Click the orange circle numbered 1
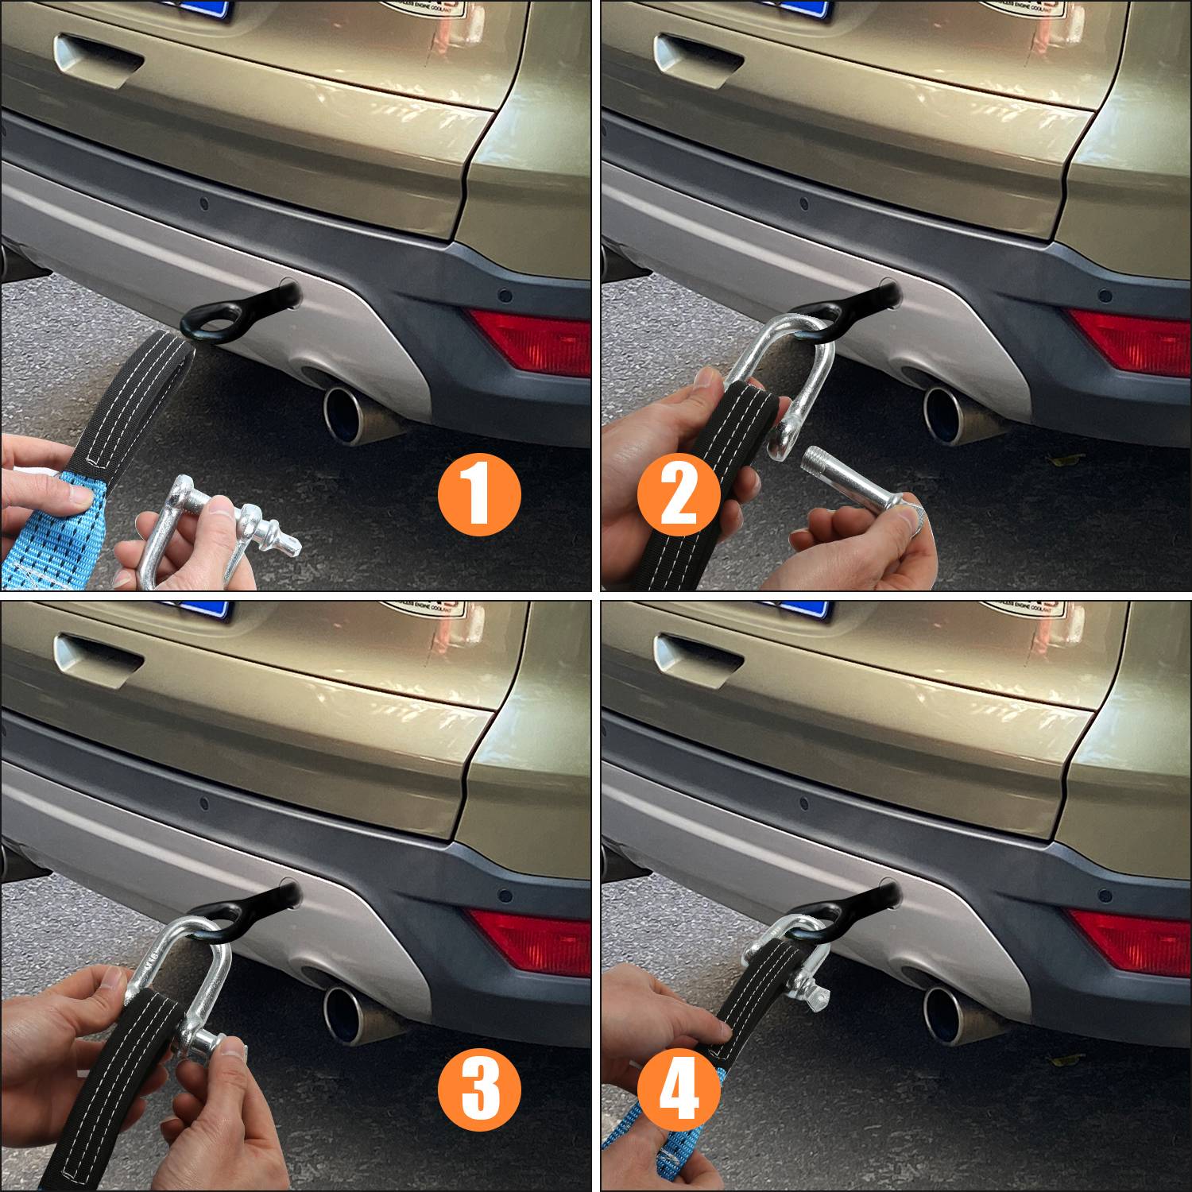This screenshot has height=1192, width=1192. (479, 494)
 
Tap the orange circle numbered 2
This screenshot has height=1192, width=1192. (678, 494)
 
